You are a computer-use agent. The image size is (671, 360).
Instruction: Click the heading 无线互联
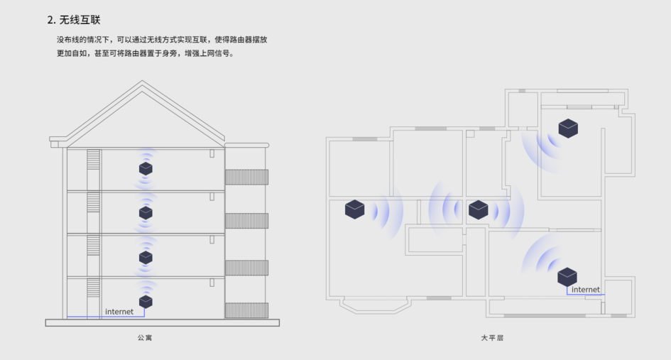pos(80,20)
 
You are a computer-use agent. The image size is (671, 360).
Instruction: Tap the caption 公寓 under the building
pos(145,337)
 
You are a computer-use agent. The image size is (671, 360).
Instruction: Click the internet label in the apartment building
pos(119,312)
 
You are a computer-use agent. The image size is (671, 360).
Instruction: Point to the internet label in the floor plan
pos(585,290)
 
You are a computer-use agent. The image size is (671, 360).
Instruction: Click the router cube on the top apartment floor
pos(146,168)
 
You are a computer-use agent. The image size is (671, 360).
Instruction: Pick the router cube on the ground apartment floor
pos(146,301)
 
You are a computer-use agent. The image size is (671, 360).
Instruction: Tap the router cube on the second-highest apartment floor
pos(146,212)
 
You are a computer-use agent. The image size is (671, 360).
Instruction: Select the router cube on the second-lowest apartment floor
pos(146,256)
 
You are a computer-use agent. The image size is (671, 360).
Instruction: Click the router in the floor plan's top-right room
pos(568,129)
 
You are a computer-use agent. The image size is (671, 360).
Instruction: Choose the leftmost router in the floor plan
pos(354,209)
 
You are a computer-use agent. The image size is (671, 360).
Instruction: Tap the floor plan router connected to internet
pos(567,276)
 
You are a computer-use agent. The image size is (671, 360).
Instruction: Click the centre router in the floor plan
pos(479,209)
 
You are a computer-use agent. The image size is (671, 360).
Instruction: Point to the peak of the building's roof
pos(143,82)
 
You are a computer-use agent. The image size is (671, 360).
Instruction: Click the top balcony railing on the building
pos(246,177)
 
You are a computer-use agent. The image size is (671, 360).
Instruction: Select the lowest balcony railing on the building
pos(246,310)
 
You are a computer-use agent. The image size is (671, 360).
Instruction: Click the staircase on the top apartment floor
pos(93,169)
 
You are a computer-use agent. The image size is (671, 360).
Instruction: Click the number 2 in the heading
pos(50,20)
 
